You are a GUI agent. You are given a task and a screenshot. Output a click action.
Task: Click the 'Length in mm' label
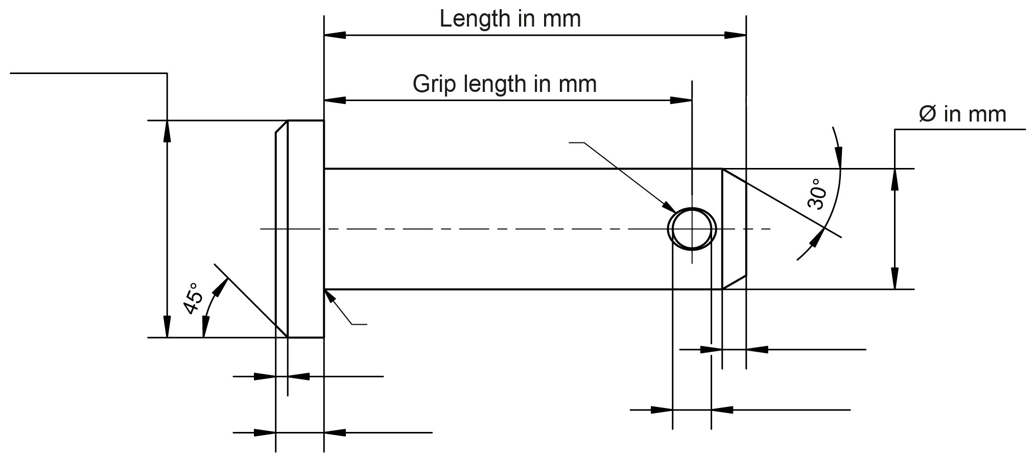pos(510,19)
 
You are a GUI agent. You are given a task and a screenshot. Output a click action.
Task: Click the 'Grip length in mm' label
pos(504,84)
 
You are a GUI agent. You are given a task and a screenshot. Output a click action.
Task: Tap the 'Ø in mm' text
pos(962,114)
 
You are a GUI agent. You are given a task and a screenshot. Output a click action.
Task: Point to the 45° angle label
pos(193,298)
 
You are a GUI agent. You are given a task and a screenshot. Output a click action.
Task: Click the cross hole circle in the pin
pos(692,229)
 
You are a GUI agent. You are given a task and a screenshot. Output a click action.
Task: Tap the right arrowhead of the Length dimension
pos(736,35)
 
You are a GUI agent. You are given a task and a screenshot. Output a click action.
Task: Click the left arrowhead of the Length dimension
pos(335,35)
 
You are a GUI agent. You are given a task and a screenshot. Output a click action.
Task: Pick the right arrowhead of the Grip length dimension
pos(681,101)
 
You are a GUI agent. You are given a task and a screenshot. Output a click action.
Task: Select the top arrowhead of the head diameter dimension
pos(167,131)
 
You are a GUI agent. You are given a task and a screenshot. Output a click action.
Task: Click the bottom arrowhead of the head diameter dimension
pos(167,327)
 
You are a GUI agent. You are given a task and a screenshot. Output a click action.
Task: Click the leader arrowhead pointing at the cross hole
pos(669,206)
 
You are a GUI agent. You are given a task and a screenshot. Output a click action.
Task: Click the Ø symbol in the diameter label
pos(927,114)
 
